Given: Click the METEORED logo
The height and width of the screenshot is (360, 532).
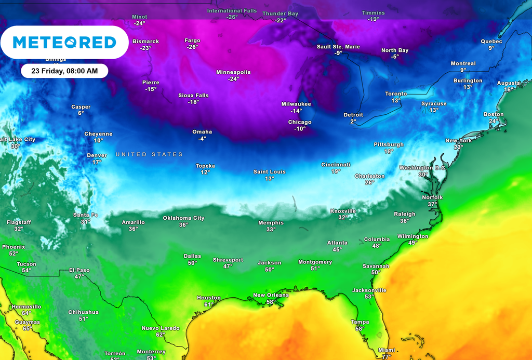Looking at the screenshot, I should [x=64, y=42].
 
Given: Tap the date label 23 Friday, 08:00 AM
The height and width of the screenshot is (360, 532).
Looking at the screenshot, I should [x=64, y=71].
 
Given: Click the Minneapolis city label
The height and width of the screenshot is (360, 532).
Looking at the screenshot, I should [x=233, y=72].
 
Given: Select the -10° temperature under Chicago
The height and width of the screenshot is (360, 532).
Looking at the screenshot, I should [x=300, y=129].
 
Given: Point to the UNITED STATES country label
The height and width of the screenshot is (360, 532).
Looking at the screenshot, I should [x=149, y=154].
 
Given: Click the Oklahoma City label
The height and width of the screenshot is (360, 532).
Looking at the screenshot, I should [x=183, y=218].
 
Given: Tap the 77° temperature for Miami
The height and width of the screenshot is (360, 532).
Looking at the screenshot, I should [x=386, y=356].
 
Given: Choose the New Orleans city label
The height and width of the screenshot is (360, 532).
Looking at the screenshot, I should [x=271, y=295].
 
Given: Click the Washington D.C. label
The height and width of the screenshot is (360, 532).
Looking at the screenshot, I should [x=422, y=168].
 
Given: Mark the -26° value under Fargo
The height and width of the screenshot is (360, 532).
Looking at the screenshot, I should [x=192, y=47].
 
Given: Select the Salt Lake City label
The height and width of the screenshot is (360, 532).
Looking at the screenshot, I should [x=17, y=139].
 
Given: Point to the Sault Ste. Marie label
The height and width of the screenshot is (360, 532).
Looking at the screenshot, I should [x=338, y=47].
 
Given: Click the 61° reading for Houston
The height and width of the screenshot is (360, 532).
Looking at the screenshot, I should [x=208, y=304].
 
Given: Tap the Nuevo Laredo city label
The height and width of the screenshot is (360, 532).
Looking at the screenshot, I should [x=161, y=328].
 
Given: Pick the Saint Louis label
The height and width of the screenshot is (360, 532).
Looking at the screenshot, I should [x=269, y=172].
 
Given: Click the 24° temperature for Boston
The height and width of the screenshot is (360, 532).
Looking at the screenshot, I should [x=493, y=121].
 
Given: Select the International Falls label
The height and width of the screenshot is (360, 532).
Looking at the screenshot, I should [x=232, y=10].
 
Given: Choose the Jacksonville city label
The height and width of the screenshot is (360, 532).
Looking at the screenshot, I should [x=369, y=290].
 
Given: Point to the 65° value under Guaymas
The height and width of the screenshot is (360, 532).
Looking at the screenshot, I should [x=27, y=328].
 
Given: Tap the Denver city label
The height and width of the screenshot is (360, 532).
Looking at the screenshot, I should [x=97, y=155].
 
